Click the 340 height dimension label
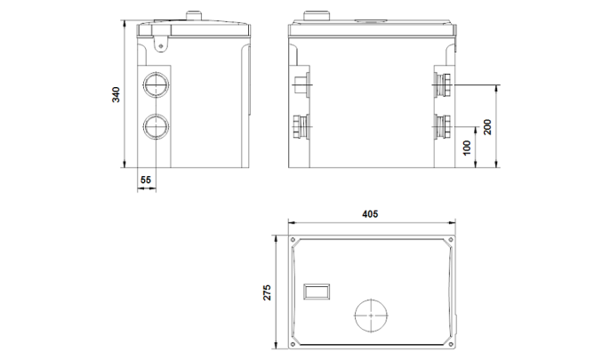[116, 95]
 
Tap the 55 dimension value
[146, 180]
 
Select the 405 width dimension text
[370, 214]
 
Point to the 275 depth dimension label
[268, 292]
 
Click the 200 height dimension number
[487, 127]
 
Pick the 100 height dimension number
[467, 148]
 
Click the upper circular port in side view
[156, 84]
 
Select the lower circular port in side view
[156, 127]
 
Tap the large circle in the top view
[371, 316]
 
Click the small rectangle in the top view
[317, 292]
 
